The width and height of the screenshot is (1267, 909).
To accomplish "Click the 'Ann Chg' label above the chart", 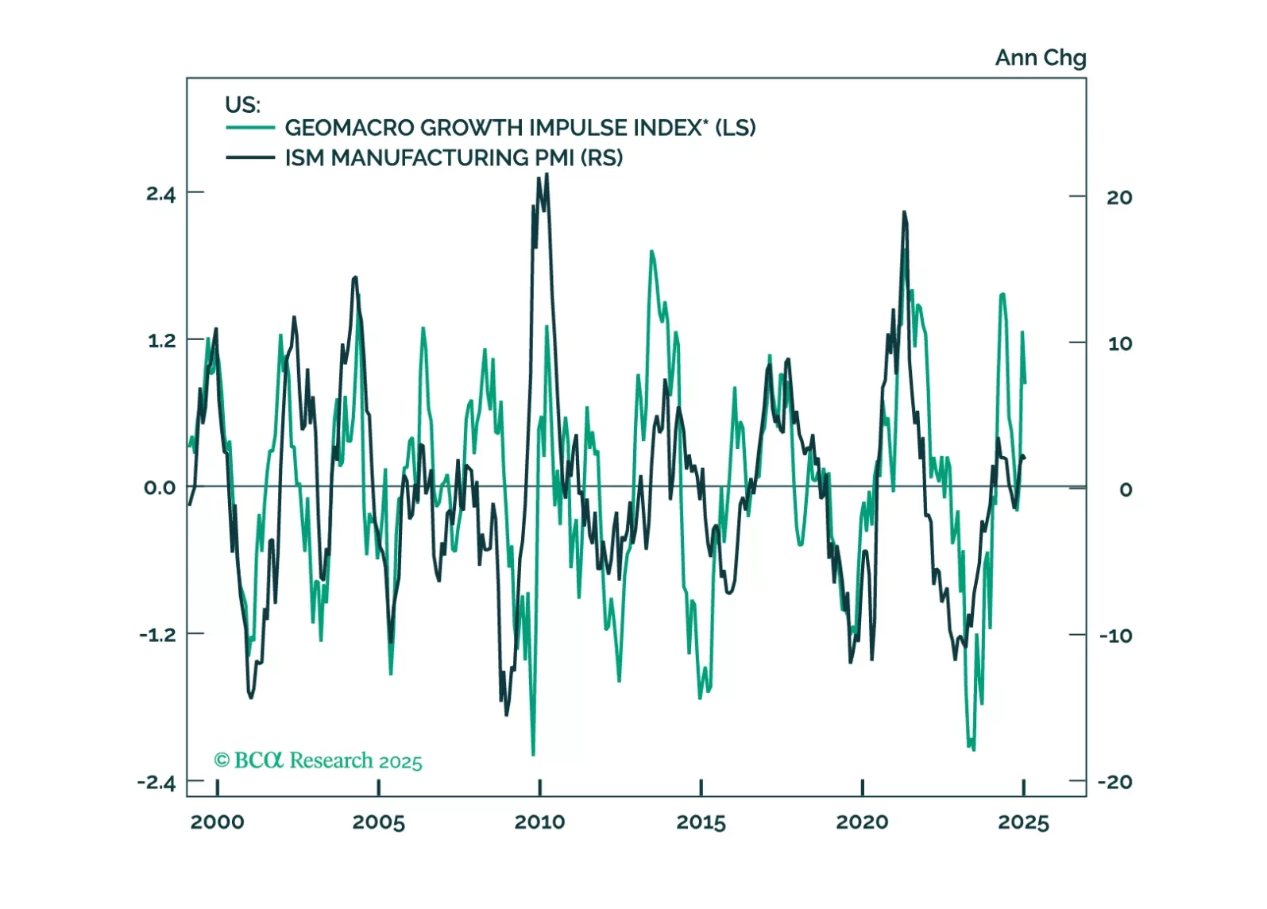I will coord(1040,58).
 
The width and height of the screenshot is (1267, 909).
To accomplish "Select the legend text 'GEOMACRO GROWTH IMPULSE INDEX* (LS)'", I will coord(520,128).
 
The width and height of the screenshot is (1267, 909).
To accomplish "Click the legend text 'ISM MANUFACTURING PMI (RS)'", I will coord(454,158).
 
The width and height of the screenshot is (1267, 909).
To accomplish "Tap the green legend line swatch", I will coord(250,128).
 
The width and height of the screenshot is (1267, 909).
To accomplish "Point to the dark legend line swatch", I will coord(250,157).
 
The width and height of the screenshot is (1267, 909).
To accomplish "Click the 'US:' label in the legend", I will coord(242,105).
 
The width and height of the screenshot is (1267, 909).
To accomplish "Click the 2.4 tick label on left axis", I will coord(160,194).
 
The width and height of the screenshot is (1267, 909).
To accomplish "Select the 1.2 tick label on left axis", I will coord(160,341).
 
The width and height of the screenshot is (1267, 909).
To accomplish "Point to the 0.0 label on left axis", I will coord(160,488).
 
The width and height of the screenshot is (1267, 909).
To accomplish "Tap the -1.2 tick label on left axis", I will coord(157,635).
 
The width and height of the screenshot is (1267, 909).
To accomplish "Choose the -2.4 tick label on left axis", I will coord(156,783).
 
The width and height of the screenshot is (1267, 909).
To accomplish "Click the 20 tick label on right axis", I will coord(1119,197).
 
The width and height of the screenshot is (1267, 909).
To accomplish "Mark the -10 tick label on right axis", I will coord(1115,636).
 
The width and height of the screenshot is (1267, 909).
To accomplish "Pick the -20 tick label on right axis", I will coord(1114,782).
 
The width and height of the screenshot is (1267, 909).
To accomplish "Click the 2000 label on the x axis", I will coord(217,822).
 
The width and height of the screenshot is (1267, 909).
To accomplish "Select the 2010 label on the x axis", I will coord(539,822).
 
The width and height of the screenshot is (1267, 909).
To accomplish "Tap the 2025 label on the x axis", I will coord(1023,822).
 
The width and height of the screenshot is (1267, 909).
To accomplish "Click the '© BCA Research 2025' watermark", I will coord(318,760).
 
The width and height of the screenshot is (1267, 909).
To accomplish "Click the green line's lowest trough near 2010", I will coord(533,754).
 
